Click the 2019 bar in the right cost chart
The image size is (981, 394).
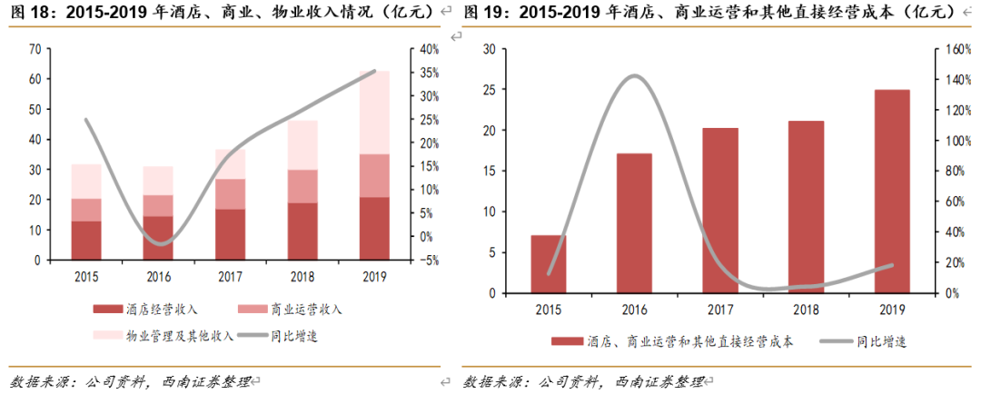[x=891, y=191]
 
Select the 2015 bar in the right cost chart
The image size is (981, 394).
[x=549, y=263]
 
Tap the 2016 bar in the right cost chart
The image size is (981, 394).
[x=634, y=222]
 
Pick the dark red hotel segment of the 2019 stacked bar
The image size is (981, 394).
[x=374, y=228]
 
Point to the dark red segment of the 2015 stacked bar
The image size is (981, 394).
[x=86, y=240]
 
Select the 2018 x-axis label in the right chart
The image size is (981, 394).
[x=806, y=309]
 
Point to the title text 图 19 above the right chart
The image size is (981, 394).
[x=481, y=12]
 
